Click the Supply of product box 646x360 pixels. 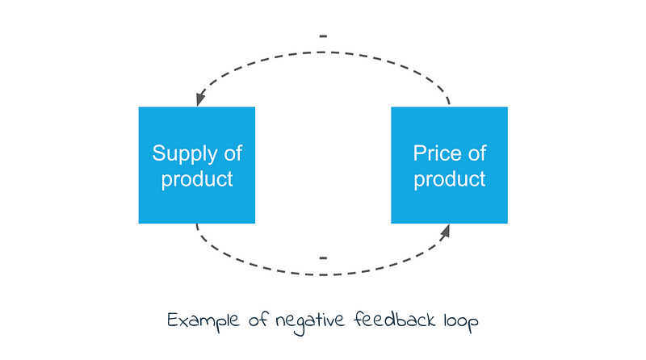197,165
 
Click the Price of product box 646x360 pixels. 450,165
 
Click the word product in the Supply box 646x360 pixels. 197,178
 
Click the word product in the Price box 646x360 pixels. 450,178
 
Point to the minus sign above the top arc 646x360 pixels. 323,37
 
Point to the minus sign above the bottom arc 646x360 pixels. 323,258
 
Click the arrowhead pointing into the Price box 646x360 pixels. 445,232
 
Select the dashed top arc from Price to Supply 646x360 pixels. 323,52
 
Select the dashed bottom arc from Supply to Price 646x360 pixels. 323,274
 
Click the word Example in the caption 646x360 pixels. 205,321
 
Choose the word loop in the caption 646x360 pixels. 462,322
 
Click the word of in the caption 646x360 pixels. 258,321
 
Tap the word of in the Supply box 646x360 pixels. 232,153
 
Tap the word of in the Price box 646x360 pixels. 476,153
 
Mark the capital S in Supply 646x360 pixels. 159,153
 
